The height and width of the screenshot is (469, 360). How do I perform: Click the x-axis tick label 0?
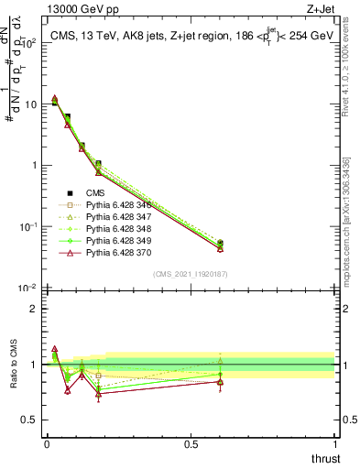47,444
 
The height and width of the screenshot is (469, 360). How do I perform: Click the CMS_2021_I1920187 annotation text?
191,275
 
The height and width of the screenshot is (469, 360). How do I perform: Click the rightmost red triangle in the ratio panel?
220,381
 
